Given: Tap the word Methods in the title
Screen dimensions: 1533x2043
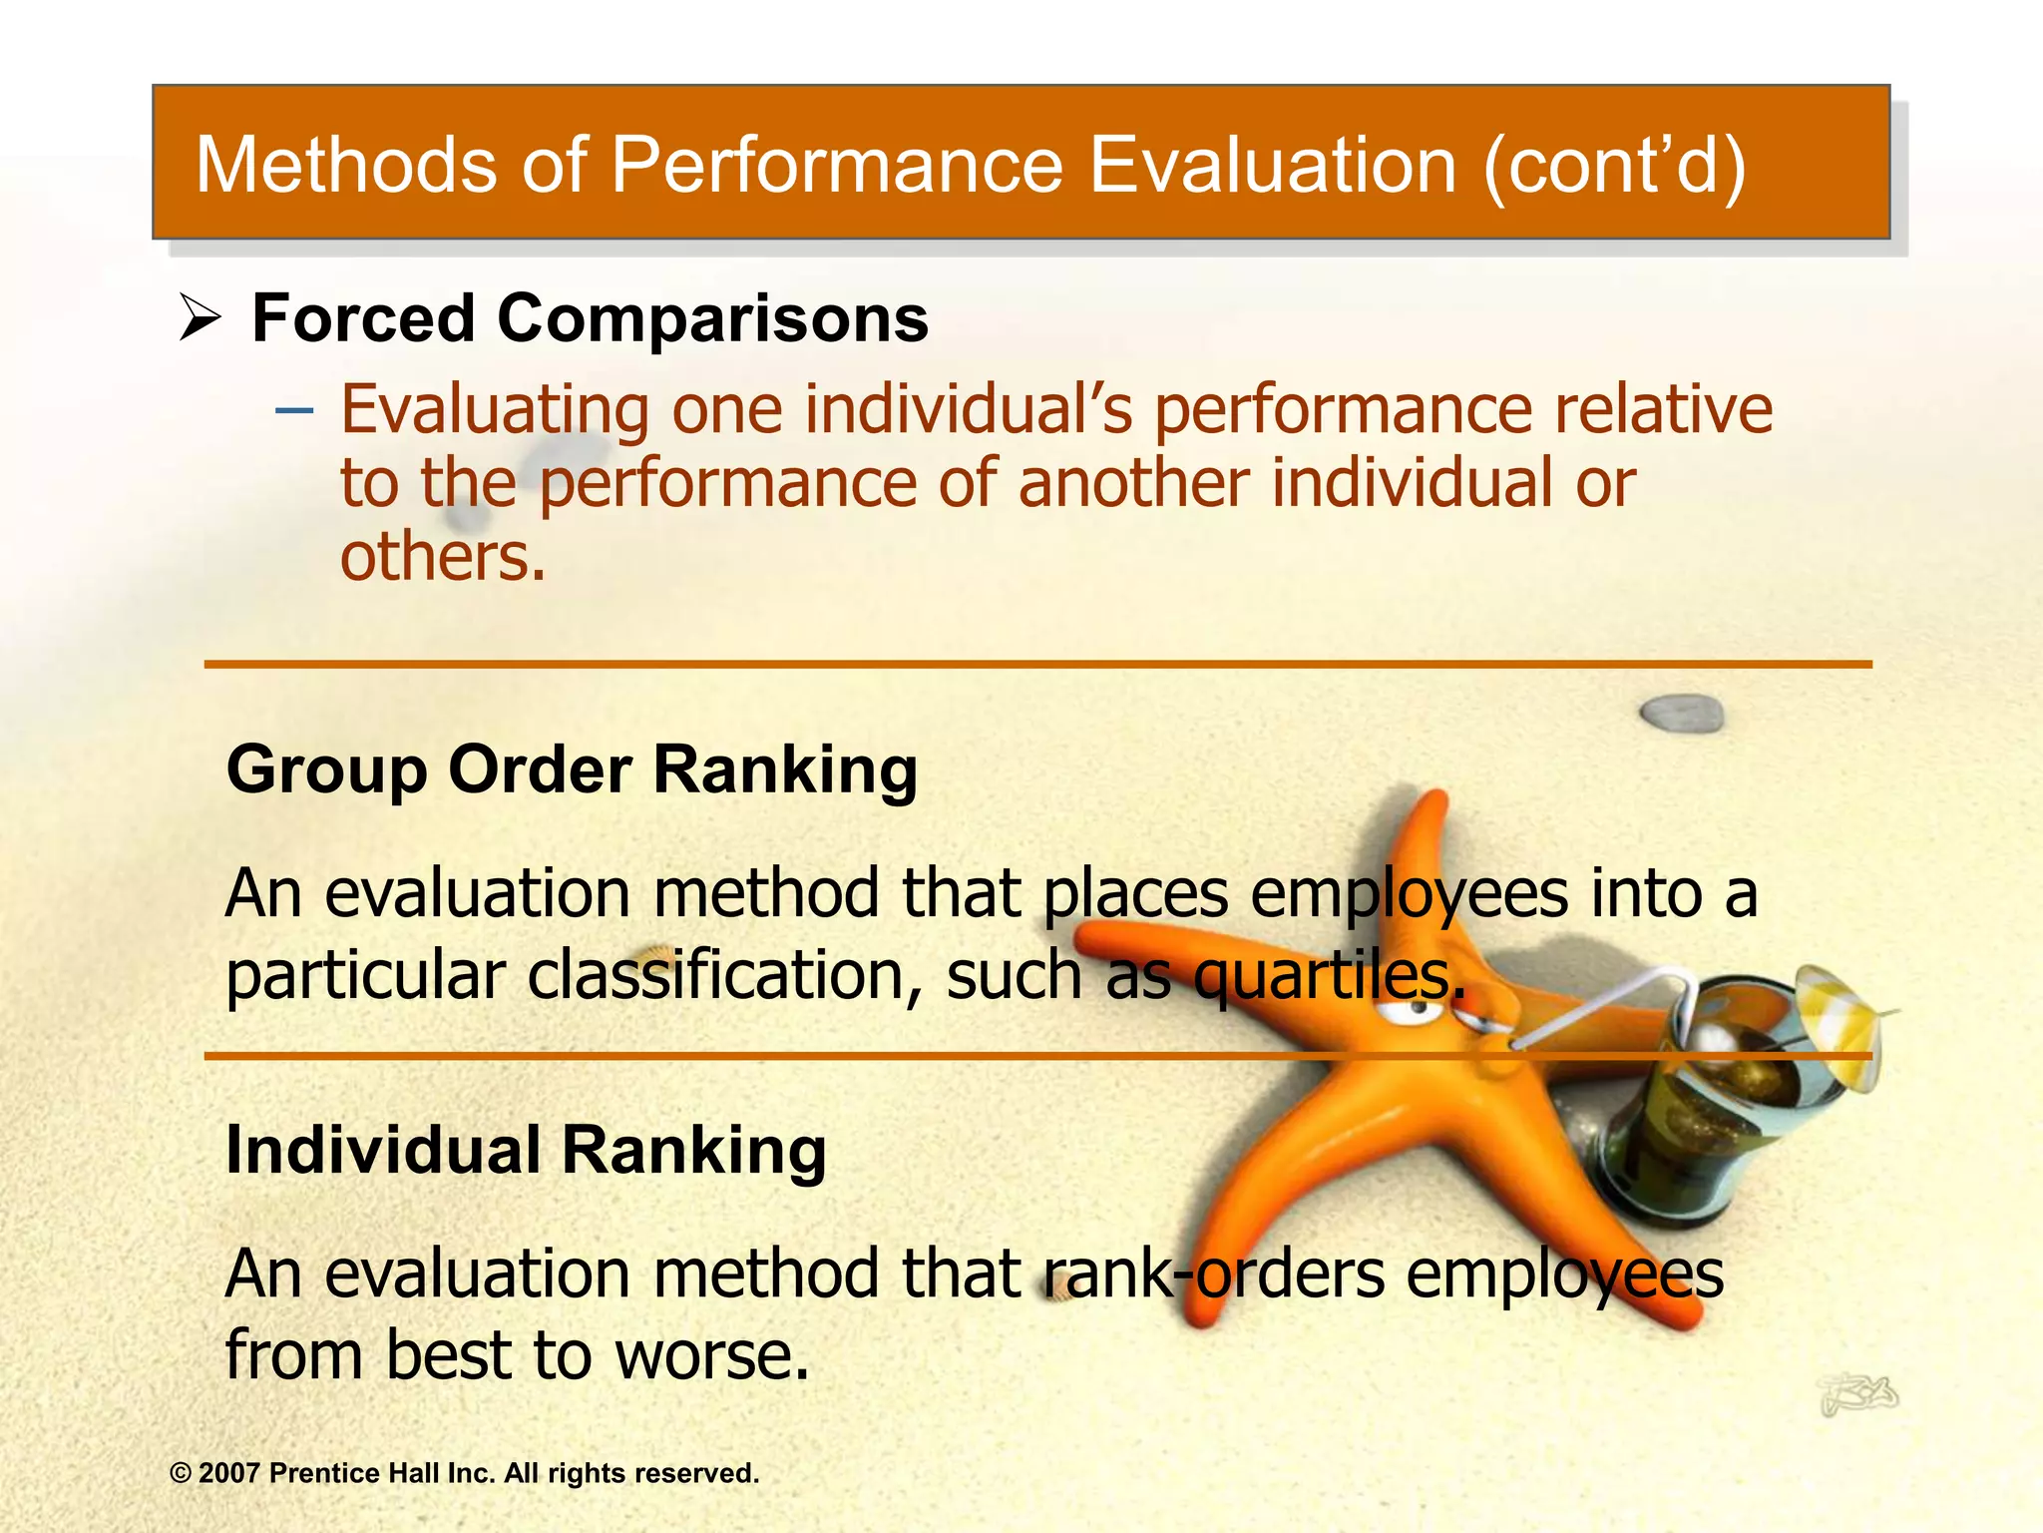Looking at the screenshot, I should click(x=345, y=165).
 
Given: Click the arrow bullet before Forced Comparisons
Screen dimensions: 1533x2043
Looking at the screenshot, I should click(x=200, y=320).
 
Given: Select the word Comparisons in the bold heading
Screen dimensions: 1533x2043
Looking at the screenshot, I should click(x=712, y=319).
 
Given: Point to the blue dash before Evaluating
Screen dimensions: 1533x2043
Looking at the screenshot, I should click(x=294, y=409).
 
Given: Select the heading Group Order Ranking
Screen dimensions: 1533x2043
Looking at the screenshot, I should click(x=572, y=769).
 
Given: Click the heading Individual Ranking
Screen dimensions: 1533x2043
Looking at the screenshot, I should click(x=526, y=1150).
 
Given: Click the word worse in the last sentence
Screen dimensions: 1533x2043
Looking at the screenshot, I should click(x=711, y=1355).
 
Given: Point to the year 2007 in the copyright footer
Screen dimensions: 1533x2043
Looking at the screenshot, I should click(x=229, y=1473).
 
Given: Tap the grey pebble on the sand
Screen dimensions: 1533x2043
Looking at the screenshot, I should click(x=1682, y=713).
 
